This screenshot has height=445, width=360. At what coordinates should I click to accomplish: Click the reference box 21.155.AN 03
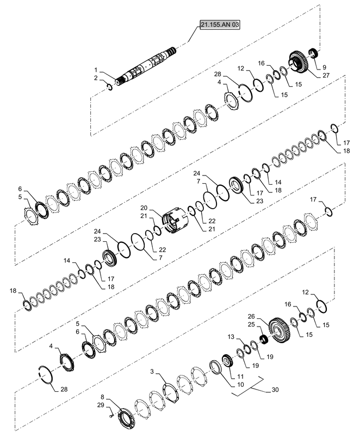220,24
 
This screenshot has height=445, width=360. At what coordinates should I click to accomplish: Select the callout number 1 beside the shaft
96,70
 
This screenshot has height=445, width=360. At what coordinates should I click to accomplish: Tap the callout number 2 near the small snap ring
96,78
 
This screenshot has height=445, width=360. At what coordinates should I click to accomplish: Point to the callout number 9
324,67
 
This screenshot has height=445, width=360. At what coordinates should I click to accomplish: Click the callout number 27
326,75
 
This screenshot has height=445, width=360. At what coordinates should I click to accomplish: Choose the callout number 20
144,208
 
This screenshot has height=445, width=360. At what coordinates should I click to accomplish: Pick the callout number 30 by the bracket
275,390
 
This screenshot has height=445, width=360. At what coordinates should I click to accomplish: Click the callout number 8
102,397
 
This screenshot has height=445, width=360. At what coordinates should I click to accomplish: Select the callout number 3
152,372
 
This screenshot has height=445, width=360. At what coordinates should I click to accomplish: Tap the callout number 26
251,316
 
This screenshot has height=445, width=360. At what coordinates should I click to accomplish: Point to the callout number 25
251,324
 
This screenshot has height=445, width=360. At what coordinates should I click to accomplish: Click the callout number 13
231,336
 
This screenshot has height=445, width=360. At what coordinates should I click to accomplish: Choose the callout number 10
240,385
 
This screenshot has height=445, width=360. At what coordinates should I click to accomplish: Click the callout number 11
240,377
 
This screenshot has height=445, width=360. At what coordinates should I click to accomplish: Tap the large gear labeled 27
299,62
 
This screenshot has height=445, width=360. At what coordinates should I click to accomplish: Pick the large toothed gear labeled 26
280,330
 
